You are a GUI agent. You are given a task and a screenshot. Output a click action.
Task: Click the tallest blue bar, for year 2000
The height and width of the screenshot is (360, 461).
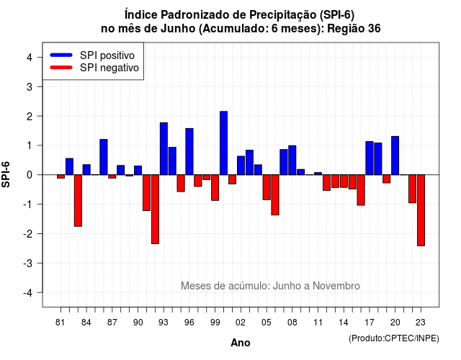pyautogui.click(x=224, y=143)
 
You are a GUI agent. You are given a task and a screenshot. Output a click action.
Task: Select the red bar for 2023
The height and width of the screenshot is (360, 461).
pyautogui.click(x=421, y=210)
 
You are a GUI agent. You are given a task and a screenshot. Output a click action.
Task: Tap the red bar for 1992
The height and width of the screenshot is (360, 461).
pyautogui.click(x=156, y=210)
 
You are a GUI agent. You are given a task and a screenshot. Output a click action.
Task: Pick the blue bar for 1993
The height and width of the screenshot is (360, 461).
pyautogui.click(x=164, y=149)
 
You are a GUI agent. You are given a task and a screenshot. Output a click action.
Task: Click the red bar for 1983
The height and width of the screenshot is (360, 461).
pyautogui.click(x=78, y=200)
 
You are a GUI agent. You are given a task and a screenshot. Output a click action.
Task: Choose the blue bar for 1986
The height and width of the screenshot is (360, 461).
pyautogui.click(x=104, y=157)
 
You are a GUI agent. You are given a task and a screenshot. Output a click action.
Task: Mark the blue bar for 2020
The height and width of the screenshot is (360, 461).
pyautogui.click(x=395, y=156)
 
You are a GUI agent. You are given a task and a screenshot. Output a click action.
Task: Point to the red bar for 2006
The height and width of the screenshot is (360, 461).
pyautogui.click(x=275, y=195)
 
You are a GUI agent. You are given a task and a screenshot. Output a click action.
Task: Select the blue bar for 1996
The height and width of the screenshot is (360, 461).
pyautogui.click(x=189, y=152)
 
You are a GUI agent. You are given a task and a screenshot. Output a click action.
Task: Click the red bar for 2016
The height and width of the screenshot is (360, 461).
pyautogui.click(x=361, y=190)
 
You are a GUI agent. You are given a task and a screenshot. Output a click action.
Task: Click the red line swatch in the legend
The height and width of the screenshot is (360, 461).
pyautogui.click(x=61, y=67)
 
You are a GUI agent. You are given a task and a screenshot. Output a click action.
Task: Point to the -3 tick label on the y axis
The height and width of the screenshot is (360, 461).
pyautogui.click(x=29, y=263)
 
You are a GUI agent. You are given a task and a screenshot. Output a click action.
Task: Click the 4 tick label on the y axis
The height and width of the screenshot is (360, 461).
pyautogui.click(x=30, y=58)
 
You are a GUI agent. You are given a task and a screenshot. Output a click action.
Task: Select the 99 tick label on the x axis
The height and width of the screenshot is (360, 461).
pyautogui.click(x=215, y=323)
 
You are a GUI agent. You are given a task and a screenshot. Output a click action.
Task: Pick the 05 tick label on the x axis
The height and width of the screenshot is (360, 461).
pyautogui.click(x=267, y=323)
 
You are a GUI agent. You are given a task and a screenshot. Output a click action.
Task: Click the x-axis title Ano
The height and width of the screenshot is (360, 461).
pyautogui.click(x=241, y=343)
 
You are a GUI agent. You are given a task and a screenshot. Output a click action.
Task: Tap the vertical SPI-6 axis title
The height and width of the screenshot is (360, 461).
pyautogui.click(x=6, y=174)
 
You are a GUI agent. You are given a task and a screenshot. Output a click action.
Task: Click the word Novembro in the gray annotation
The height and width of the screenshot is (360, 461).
pyautogui.click(x=336, y=286)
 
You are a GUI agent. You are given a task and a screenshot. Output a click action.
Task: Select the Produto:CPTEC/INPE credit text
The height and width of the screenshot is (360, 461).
pyautogui.click(x=394, y=338)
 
